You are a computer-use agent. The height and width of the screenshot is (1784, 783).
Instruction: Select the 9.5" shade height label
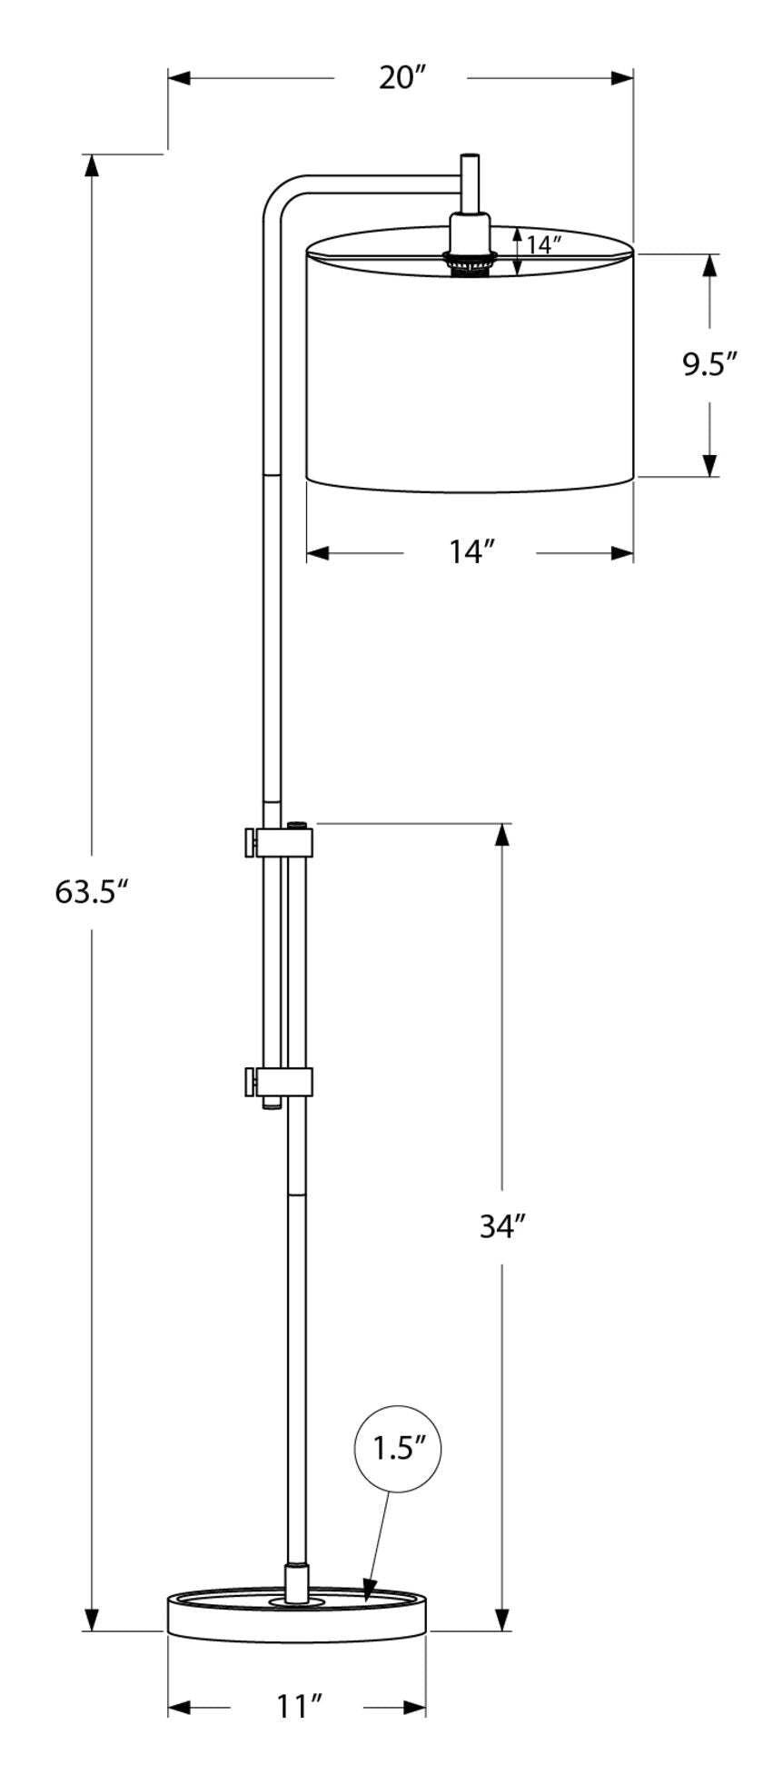point(709,364)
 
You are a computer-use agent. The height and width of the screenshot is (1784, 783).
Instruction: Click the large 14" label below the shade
point(471,551)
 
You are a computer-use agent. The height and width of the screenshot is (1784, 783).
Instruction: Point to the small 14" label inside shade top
point(543,244)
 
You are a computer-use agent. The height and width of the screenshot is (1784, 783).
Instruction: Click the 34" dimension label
point(503,1227)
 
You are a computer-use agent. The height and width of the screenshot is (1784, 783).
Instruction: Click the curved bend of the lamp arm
point(277,196)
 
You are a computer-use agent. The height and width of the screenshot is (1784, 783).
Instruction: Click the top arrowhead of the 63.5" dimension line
point(92,165)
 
